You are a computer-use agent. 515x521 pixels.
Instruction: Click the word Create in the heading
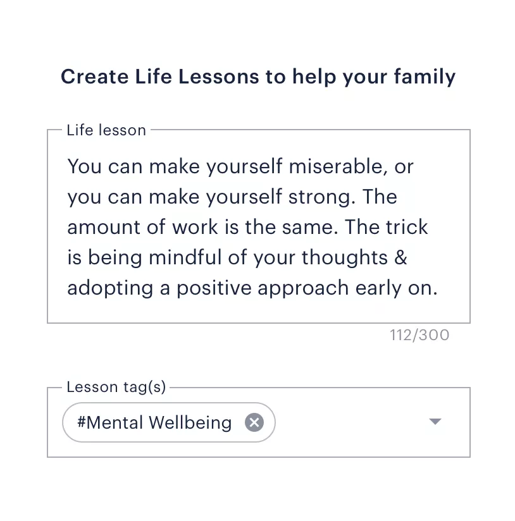click(95, 77)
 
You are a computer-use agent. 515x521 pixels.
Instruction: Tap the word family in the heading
click(425, 77)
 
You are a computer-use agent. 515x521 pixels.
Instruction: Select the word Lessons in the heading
click(218, 77)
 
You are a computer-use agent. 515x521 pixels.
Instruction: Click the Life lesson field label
click(106, 130)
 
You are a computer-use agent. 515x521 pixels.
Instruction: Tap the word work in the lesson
click(195, 227)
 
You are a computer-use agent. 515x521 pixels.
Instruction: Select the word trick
click(407, 227)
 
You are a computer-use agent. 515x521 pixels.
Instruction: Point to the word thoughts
click(345, 258)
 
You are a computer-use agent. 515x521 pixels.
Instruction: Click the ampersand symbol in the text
click(401, 258)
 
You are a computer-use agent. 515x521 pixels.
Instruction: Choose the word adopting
click(110, 288)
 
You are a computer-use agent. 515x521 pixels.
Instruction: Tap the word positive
click(214, 288)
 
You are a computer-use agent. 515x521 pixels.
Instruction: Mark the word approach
click(303, 288)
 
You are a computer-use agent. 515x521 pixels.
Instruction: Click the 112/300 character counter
click(419, 335)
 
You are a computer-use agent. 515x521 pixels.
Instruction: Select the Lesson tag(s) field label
click(116, 387)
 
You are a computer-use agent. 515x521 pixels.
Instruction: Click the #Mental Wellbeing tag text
click(154, 422)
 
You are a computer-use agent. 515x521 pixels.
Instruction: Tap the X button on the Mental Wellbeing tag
click(254, 422)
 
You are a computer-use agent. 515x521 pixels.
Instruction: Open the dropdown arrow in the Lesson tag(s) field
click(435, 422)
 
